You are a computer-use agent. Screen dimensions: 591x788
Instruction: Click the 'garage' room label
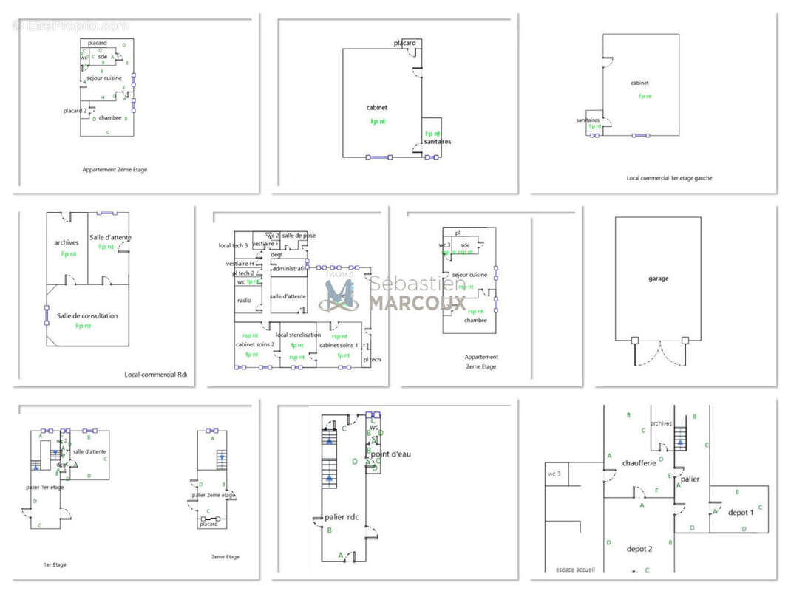(x=659, y=279)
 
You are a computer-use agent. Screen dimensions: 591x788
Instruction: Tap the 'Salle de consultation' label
(x=87, y=316)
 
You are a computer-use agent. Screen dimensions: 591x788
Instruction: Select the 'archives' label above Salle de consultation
(x=67, y=242)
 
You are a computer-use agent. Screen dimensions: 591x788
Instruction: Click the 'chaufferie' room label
(x=639, y=462)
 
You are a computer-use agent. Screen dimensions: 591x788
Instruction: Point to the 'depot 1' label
(x=741, y=512)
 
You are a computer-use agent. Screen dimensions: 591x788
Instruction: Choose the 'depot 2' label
(x=639, y=549)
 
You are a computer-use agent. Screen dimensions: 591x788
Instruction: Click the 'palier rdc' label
(x=342, y=517)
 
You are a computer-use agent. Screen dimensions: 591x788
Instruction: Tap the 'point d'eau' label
(x=390, y=454)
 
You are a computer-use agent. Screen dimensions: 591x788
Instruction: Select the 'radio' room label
(x=244, y=301)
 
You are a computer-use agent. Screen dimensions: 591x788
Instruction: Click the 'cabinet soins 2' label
(x=255, y=345)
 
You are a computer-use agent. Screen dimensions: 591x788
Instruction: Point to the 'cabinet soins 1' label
(x=339, y=345)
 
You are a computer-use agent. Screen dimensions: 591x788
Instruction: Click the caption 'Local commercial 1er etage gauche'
(x=669, y=178)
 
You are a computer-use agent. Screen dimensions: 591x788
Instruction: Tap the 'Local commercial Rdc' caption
(x=155, y=375)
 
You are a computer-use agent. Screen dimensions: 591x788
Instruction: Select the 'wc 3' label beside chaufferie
(x=554, y=474)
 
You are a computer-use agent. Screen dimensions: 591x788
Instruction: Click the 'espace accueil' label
(x=575, y=570)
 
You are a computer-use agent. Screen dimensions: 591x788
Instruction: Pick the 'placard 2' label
(x=75, y=111)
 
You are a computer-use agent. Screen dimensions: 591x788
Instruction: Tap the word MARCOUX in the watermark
(x=418, y=303)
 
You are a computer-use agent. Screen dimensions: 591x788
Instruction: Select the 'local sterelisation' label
(x=298, y=335)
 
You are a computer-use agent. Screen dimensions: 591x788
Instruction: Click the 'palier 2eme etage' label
(x=213, y=495)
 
